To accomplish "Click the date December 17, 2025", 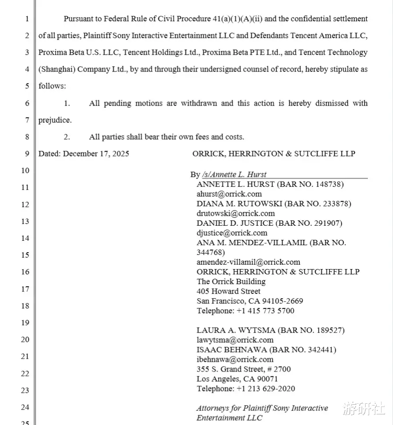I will point(96,154).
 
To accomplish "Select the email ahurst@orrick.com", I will point(229,194).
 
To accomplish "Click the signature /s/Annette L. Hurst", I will point(234,175).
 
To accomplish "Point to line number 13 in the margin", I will point(25,221).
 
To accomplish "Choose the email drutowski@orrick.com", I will point(235,213).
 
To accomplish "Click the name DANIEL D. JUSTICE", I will point(235,223).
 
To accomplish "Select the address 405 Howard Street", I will point(228,291).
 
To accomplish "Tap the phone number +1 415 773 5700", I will point(265,311).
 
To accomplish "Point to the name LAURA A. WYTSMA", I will point(236,330).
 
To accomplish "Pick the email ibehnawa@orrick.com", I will point(234,359).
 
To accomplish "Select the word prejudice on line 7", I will point(54,120).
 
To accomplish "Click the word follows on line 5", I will point(52,86).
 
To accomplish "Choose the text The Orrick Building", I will point(231,281).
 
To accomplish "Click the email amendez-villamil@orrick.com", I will point(248,262).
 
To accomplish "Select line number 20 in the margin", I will point(25,339).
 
